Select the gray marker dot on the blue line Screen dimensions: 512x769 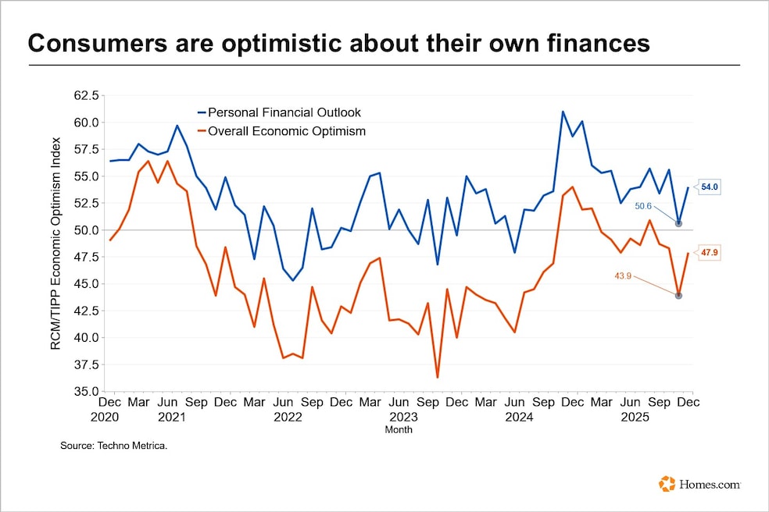tap(678, 223)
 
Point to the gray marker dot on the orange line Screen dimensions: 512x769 tap(678, 295)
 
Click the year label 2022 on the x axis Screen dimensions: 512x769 tap(288, 417)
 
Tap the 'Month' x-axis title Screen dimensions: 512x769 tap(399, 429)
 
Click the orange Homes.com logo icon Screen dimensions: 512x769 tap(667, 484)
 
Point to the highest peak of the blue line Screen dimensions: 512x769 tap(563, 112)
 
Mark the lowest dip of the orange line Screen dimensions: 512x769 tap(438, 377)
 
